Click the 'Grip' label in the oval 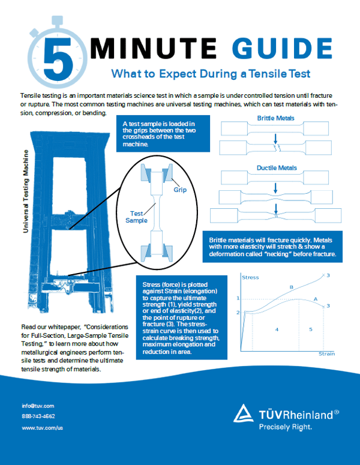(181, 190)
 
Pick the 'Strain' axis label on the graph (326, 354)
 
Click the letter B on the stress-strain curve (291, 287)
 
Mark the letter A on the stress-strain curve (315, 298)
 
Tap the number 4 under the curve (277, 329)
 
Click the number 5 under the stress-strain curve (310, 329)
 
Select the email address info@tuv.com (38, 406)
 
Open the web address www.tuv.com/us (42, 428)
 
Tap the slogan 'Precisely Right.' (285, 427)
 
